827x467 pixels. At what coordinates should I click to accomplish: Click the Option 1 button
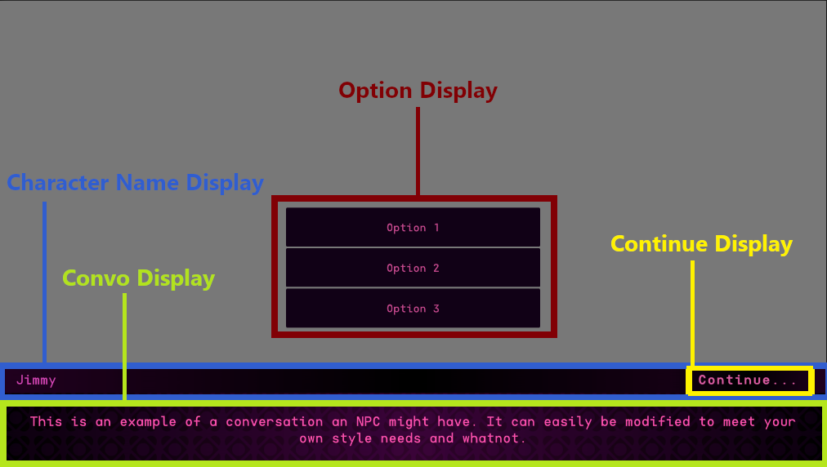[x=413, y=227]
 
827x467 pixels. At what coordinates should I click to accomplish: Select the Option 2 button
[x=413, y=268]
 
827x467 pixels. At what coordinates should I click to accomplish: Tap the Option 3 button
[x=413, y=309]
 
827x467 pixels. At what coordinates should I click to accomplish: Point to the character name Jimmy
[x=36, y=380]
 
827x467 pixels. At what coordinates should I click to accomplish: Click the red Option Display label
[x=418, y=91]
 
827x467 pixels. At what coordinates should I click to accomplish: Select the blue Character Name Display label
[x=135, y=183]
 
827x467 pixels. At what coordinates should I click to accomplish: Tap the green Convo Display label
[x=139, y=278]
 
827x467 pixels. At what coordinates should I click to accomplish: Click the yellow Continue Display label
[x=701, y=244]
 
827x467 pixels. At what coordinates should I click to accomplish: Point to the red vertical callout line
[x=418, y=151]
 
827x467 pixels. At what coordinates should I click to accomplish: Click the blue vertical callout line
[x=44, y=282]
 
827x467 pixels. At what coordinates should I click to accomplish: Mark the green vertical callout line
[x=124, y=346]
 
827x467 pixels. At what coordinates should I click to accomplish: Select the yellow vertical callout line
[x=692, y=313]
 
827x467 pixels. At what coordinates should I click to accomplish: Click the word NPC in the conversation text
[x=368, y=421]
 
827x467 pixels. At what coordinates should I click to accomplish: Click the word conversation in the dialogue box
[x=275, y=421]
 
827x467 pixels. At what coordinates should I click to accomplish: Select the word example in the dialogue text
[x=148, y=422]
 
